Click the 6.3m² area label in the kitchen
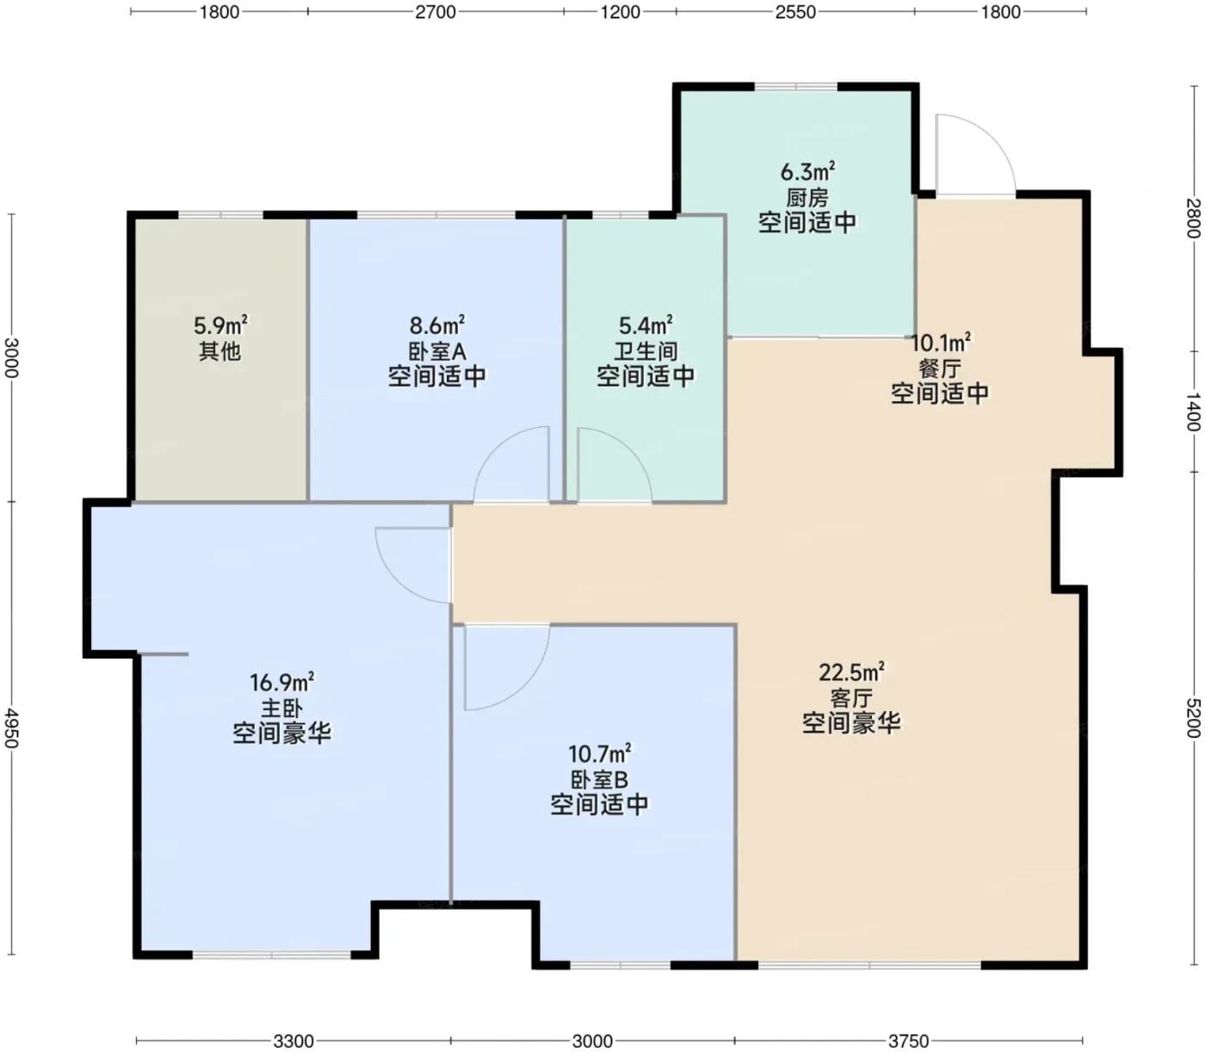pyautogui.click(x=807, y=171)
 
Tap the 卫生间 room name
pyautogui.click(x=646, y=351)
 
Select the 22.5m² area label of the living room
pyautogui.click(x=851, y=672)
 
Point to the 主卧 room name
pyautogui.click(x=281, y=708)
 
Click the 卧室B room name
pyautogui.click(x=599, y=780)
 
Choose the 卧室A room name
pyautogui.click(x=437, y=351)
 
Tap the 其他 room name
pyautogui.click(x=219, y=351)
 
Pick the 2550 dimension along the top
pyautogui.click(x=795, y=12)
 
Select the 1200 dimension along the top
pyautogui.click(x=620, y=12)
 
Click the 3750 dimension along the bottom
pyautogui.click(x=908, y=1042)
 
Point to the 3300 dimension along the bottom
pyautogui.click(x=294, y=1042)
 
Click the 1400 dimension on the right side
pyautogui.click(x=1193, y=412)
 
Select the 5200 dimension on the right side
pyautogui.click(x=1193, y=717)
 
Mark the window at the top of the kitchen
pyautogui.click(x=795, y=87)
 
